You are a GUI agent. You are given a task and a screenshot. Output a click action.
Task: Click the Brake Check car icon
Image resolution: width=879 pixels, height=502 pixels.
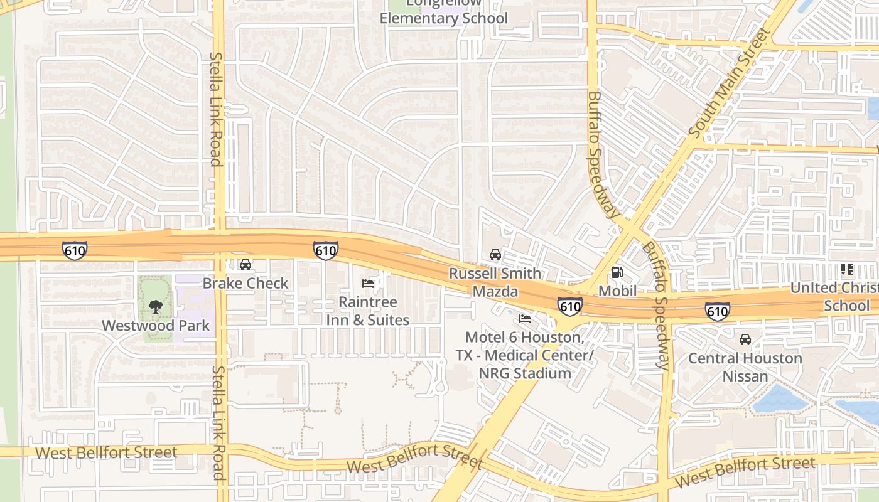tap(245, 265)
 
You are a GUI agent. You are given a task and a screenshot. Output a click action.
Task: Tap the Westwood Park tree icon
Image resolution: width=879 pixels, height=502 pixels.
tap(155, 307)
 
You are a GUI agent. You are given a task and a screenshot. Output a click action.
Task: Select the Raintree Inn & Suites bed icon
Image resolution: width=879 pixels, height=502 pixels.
tap(369, 284)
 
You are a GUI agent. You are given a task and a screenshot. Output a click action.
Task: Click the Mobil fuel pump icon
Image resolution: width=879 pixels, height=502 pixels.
tap(617, 272)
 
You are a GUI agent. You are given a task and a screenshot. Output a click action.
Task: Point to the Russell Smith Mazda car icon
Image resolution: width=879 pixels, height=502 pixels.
tap(495, 255)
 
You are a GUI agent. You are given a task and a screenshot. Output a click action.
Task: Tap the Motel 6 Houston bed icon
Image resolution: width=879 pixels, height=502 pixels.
tap(526, 319)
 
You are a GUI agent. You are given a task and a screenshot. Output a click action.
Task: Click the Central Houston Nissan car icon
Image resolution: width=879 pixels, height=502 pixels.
tap(745, 339)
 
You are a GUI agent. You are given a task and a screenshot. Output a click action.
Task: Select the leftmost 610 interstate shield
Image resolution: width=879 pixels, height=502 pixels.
tap(75, 250)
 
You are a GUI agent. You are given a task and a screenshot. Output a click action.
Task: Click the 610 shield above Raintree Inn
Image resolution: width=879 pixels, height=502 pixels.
tap(326, 251)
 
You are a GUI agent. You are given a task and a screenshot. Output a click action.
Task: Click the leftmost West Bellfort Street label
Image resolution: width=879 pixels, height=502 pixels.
tap(106, 452)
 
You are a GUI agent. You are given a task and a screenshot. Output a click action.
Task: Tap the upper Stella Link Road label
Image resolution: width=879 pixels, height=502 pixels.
tap(215, 109)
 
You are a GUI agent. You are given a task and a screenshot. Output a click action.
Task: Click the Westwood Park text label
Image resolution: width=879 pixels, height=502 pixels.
tap(156, 326)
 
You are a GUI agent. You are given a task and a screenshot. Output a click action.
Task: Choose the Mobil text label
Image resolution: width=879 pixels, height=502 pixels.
tap(617, 291)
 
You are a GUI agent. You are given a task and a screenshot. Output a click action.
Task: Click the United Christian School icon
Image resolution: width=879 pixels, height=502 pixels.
tap(846, 270)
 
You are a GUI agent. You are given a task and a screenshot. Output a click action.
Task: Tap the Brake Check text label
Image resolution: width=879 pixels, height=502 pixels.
tap(245, 283)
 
